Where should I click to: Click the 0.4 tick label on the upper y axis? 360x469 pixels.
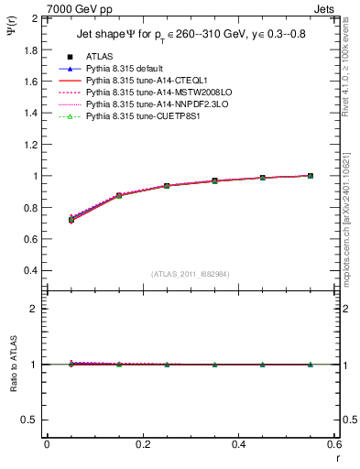tap(32, 270)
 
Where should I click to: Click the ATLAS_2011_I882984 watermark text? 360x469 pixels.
tap(191, 274)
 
